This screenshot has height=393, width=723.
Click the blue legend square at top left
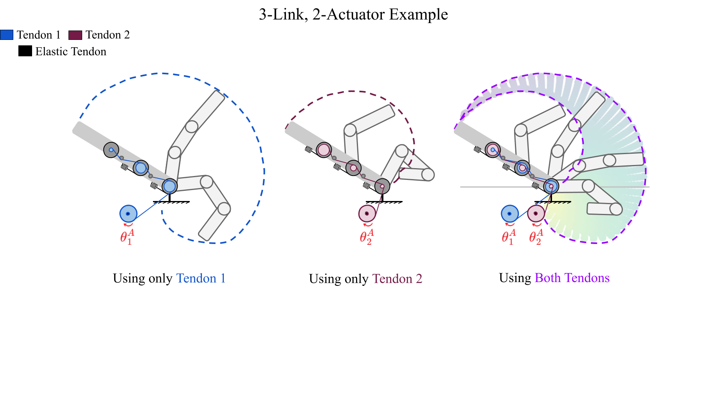tap(7, 35)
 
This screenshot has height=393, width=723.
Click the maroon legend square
tap(75, 35)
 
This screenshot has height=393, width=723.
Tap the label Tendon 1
tap(201, 278)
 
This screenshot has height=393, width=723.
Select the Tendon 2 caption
tap(397, 279)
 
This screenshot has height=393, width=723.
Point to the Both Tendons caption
tap(572, 278)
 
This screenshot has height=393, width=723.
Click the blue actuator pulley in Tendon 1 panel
tap(128, 214)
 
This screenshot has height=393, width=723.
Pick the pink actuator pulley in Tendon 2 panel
tap(367, 214)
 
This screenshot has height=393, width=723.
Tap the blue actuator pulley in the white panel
tap(509, 214)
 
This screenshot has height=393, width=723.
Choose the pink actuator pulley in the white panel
tap(536, 214)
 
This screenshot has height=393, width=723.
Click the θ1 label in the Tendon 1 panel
tap(127, 237)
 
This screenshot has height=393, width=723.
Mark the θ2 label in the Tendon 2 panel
tap(367, 237)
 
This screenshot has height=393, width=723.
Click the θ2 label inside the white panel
tap(536, 237)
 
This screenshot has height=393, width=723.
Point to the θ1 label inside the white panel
tap(509, 237)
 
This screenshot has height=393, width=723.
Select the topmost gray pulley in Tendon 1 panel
tap(111, 150)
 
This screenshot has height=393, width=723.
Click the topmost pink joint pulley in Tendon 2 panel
tap(324, 150)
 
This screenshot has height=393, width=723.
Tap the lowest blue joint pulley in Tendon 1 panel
tap(169, 186)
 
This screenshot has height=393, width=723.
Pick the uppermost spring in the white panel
tap(477, 149)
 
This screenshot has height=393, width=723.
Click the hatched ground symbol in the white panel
tap(552, 203)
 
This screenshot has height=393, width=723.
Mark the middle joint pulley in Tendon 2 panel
tap(353, 168)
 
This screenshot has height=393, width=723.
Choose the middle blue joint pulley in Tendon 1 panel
tap(140, 168)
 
